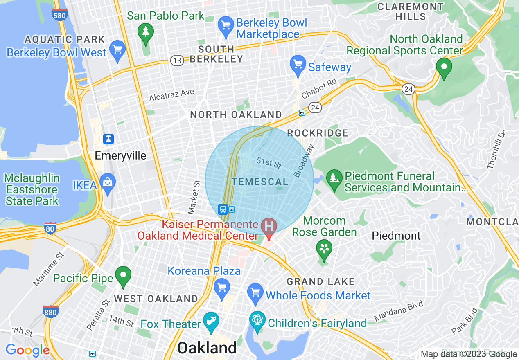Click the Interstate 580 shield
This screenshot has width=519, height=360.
(x=60, y=14)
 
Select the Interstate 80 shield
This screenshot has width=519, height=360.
(x=50, y=229)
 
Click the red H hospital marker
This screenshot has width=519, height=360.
(x=269, y=227)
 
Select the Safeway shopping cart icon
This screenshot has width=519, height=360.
(x=298, y=65)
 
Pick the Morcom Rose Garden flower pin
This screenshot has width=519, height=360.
(x=324, y=249)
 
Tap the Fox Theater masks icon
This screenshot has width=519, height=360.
(x=211, y=322)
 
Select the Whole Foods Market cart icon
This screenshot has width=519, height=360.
(x=255, y=293)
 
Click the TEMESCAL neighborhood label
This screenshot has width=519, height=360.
(x=260, y=182)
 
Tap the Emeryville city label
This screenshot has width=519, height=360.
(x=120, y=156)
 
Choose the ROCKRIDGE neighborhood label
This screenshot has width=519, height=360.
(x=318, y=133)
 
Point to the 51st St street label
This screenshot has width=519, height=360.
(x=269, y=163)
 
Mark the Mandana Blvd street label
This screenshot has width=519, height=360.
(x=399, y=312)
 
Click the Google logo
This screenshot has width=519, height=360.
(x=27, y=351)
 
